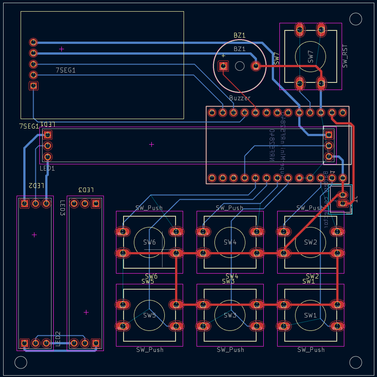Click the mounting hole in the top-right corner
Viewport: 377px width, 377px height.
click(356, 19)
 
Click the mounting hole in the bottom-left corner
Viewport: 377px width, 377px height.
click(21, 362)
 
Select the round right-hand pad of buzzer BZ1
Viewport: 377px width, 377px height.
click(256, 66)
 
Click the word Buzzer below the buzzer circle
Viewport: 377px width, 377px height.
click(240, 98)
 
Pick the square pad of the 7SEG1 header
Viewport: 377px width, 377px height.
click(33, 86)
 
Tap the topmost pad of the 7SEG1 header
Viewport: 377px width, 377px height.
click(33, 42)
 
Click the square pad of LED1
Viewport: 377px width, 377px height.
click(48, 135)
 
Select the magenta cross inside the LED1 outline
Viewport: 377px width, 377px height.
click(151, 144)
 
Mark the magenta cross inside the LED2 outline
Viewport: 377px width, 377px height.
click(34, 235)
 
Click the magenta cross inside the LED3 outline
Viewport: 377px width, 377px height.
click(86, 312)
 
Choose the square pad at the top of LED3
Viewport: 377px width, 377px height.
click(95, 204)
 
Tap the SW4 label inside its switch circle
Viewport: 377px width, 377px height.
click(230, 242)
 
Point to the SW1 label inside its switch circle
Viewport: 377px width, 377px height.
click(311, 315)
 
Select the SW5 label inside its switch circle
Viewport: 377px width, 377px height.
click(150, 315)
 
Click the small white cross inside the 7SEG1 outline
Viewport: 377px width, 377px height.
click(62, 49)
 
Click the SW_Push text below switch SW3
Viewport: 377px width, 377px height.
click(230, 350)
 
